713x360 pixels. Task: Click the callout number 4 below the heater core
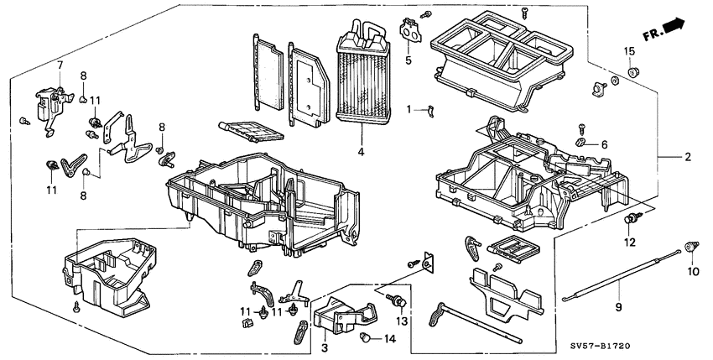click(x=360, y=153)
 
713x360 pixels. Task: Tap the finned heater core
click(x=362, y=80)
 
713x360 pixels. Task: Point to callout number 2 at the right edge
click(x=687, y=157)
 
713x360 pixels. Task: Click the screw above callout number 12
click(x=629, y=221)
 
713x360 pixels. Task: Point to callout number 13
click(x=401, y=322)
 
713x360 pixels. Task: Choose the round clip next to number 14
click(x=367, y=337)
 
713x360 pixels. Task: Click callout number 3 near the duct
click(x=322, y=345)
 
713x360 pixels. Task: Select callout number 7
click(x=60, y=65)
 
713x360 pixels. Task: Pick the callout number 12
click(x=629, y=243)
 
